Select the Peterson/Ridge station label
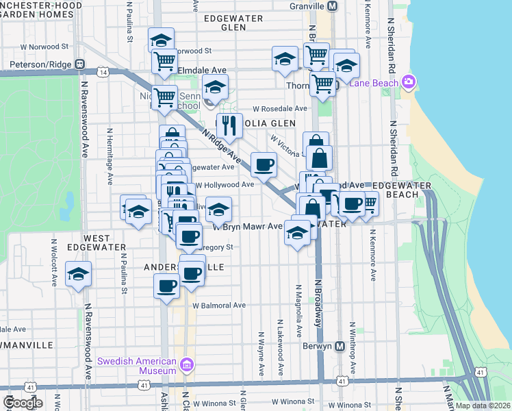point(40,65)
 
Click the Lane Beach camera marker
point(409,82)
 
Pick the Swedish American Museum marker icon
point(188,364)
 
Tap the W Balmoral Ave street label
point(219,306)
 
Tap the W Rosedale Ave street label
point(280,108)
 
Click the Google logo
point(23,403)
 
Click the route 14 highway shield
point(103,71)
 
